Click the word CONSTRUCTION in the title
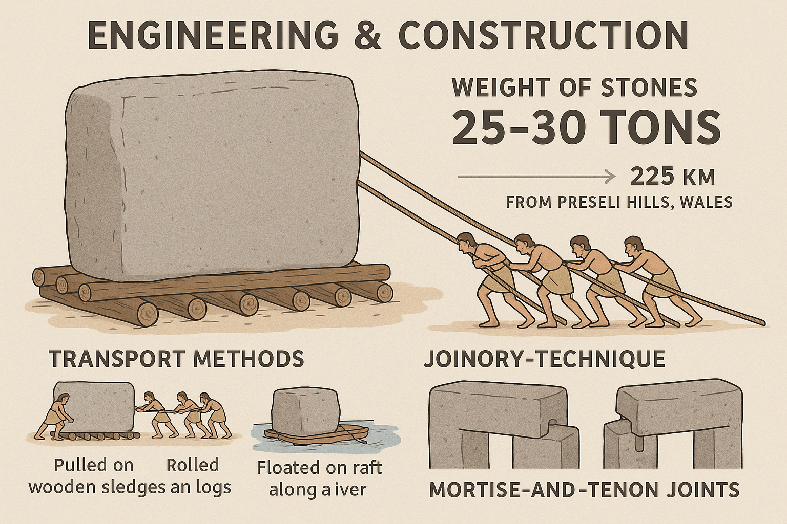pos(543,35)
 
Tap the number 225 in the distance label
pos(651,177)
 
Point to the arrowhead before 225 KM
pos(610,177)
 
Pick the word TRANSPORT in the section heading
pos(117,358)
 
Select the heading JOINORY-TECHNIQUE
pos(544,358)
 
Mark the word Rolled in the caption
pos(193,465)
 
